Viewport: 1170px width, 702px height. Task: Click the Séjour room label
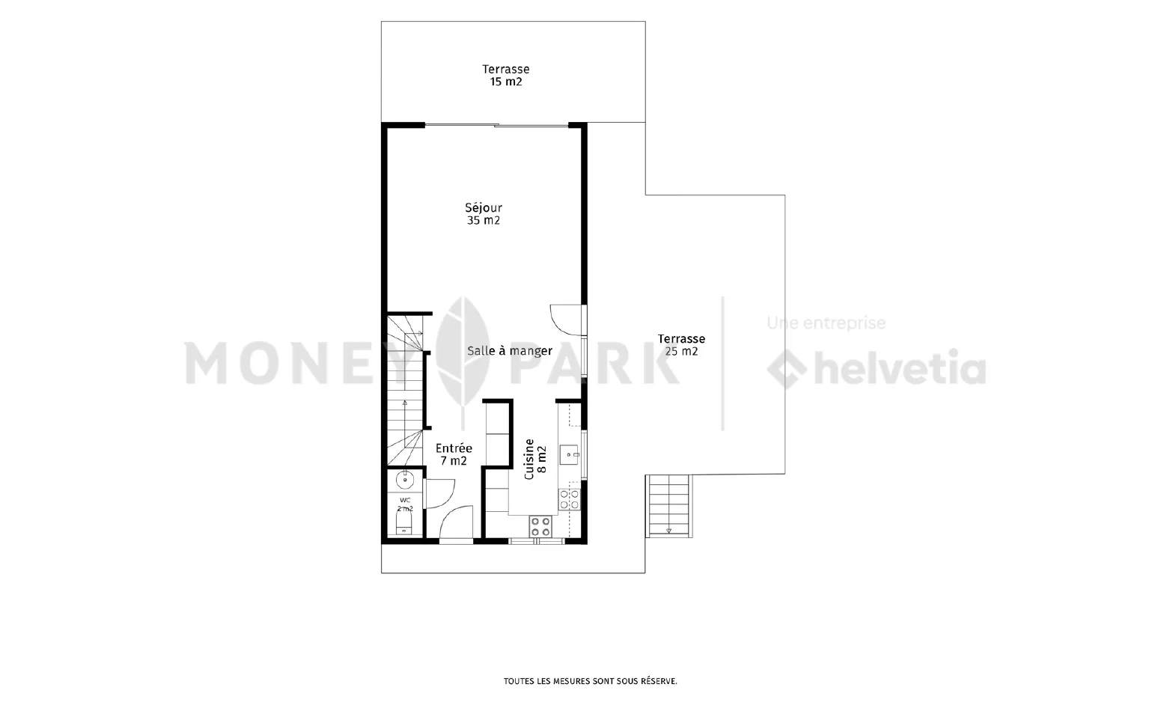pyautogui.click(x=484, y=208)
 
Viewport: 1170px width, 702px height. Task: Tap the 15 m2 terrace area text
pyautogui.click(x=505, y=82)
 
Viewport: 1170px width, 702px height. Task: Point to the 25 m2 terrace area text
pyautogui.click(x=681, y=352)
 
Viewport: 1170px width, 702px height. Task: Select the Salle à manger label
pyautogui.click(x=509, y=351)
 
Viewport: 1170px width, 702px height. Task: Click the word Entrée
pyautogui.click(x=454, y=448)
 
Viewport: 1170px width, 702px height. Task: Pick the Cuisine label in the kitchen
pyautogui.click(x=529, y=459)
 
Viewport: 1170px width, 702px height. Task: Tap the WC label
pyautogui.click(x=405, y=500)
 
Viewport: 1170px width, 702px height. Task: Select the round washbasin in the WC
pyautogui.click(x=404, y=478)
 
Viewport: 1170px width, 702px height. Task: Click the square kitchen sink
pyautogui.click(x=568, y=455)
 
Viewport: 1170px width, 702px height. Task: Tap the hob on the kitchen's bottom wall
pyautogui.click(x=540, y=527)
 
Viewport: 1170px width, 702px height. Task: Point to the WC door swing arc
pyautogui.click(x=448, y=499)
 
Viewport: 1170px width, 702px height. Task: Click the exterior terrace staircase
pyautogui.click(x=668, y=506)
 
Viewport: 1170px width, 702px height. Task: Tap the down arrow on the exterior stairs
pyautogui.click(x=668, y=531)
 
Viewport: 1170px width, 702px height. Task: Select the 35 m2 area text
pyautogui.click(x=484, y=221)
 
